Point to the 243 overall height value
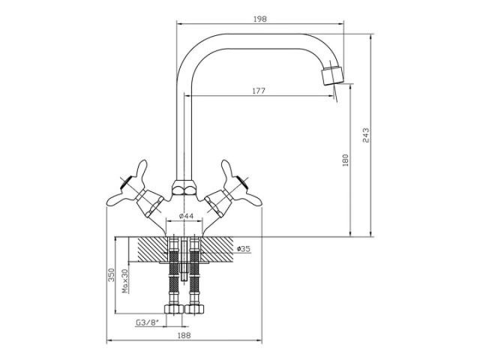tap(365, 135)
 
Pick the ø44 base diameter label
tap(186, 217)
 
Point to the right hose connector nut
tap(196, 310)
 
